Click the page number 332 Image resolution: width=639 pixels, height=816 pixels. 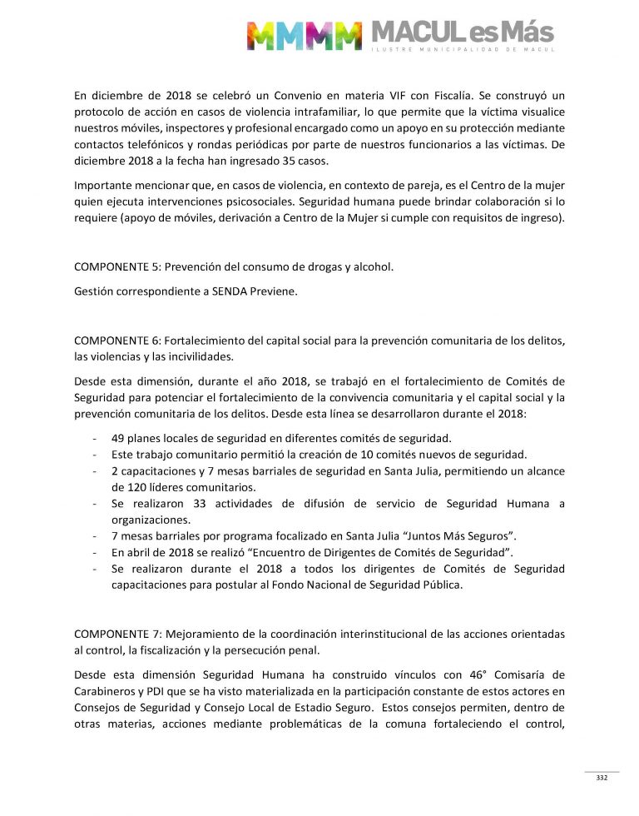tap(602, 779)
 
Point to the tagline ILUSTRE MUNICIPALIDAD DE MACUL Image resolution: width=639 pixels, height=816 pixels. tap(462, 51)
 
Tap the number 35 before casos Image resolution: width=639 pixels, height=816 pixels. tap(328, 158)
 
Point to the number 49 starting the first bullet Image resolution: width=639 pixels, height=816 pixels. tap(118, 438)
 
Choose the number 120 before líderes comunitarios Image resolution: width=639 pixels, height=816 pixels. tap(121, 486)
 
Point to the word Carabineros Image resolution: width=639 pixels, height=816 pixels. tap(107, 690)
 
